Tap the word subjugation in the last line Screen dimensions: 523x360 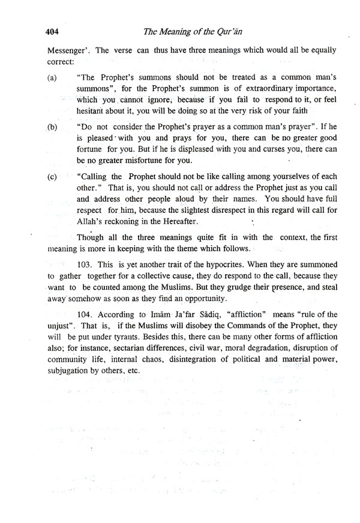(70, 371)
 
